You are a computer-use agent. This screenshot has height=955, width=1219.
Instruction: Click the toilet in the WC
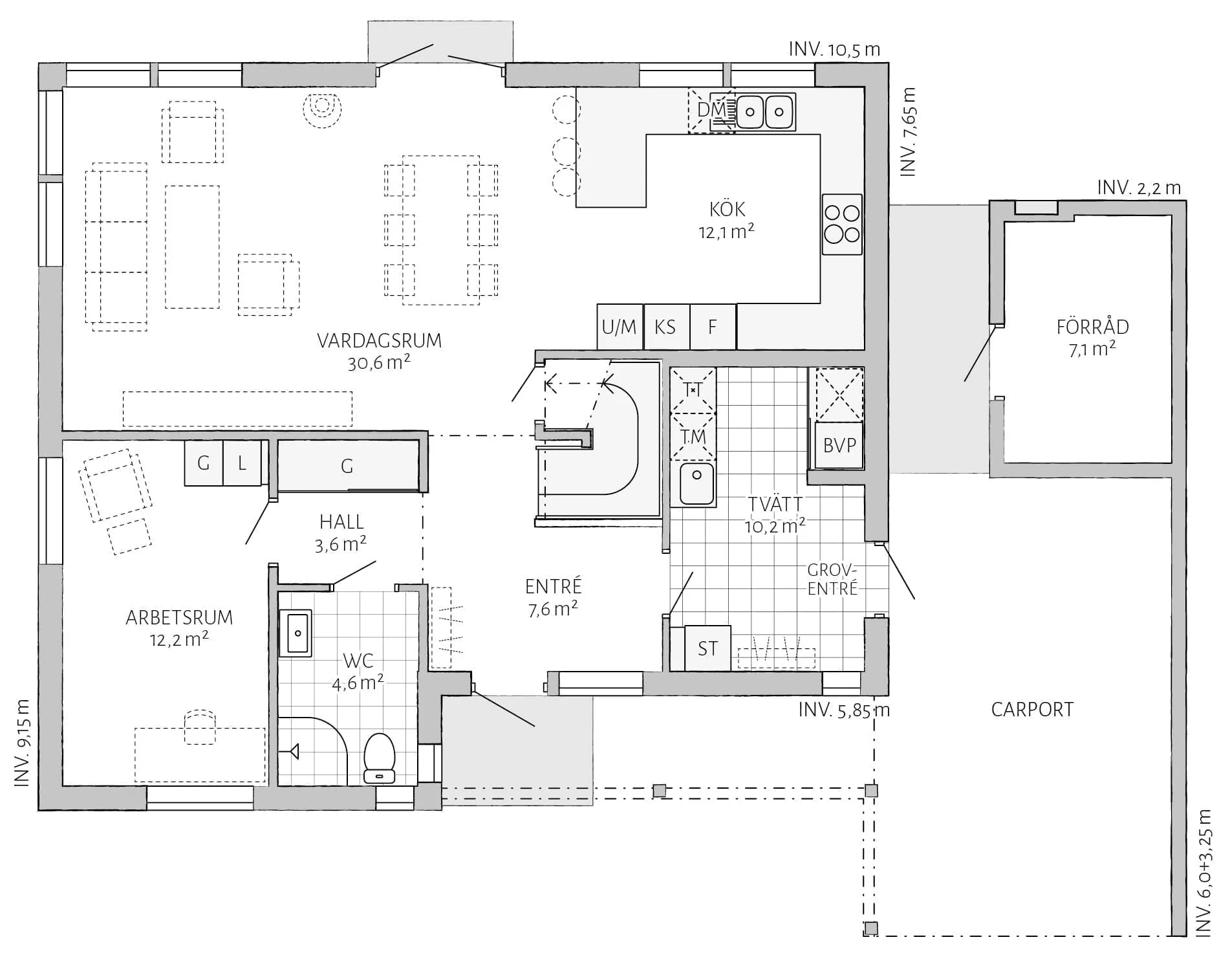point(379,758)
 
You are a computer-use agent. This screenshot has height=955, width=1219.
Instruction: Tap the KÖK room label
point(727,210)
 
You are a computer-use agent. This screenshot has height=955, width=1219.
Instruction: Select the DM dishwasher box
point(711,111)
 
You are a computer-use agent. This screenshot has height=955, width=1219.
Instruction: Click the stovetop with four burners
point(842,224)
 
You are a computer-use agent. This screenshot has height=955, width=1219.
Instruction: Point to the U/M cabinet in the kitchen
point(620,327)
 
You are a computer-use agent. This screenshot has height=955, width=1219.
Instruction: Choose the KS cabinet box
point(666,327)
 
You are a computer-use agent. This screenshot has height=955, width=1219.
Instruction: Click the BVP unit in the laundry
point(839,445)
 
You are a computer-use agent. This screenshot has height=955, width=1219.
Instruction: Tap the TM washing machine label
point(693,437)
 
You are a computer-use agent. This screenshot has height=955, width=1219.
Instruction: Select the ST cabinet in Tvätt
point(707,648)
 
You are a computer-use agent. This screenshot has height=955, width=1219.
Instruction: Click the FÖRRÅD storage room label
point(1092,327)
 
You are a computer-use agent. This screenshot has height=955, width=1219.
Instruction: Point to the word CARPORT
point(1032,710)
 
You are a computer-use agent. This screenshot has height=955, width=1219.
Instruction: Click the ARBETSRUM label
point(179,618)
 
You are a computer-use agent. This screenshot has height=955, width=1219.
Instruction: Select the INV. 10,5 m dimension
point(834,49)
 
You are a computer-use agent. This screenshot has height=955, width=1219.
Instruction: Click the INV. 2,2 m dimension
point(1139,188)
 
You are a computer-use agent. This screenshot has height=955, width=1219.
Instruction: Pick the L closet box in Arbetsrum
point(242,463)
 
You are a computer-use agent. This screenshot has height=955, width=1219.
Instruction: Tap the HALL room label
point(341,522)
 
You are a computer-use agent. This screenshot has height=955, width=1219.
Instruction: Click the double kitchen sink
point(765,112)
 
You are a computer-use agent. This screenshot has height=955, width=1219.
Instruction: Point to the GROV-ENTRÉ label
point(832,580)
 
